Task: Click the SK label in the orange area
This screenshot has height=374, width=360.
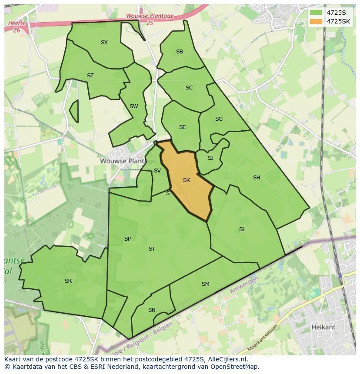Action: point(187,180)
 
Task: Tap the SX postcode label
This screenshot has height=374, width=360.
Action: point(104,43)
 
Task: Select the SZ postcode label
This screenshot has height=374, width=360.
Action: point(90,76)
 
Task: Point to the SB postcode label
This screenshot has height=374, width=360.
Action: point(180,52)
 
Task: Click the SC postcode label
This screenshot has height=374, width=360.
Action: point(189,88)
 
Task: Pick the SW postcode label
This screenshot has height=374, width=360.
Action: point(133,106)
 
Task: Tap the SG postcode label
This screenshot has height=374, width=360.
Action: point(219,119)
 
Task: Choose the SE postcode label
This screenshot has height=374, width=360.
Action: point(182,127)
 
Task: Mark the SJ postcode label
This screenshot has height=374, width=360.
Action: point(210,158)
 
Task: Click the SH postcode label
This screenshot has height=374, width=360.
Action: point(257,178)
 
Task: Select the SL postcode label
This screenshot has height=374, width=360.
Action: point(242,229)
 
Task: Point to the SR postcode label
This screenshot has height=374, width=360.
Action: point(68,281)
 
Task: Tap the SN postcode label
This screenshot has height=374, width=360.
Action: point(152,310)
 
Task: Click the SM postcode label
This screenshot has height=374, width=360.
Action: point(206,284)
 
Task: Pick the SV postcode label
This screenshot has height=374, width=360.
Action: point(157,171)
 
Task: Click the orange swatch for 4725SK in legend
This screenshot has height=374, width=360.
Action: point(316,21)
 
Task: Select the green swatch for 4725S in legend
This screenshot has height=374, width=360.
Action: point(316,13)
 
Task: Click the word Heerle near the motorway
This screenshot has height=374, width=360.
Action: point(17,23)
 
